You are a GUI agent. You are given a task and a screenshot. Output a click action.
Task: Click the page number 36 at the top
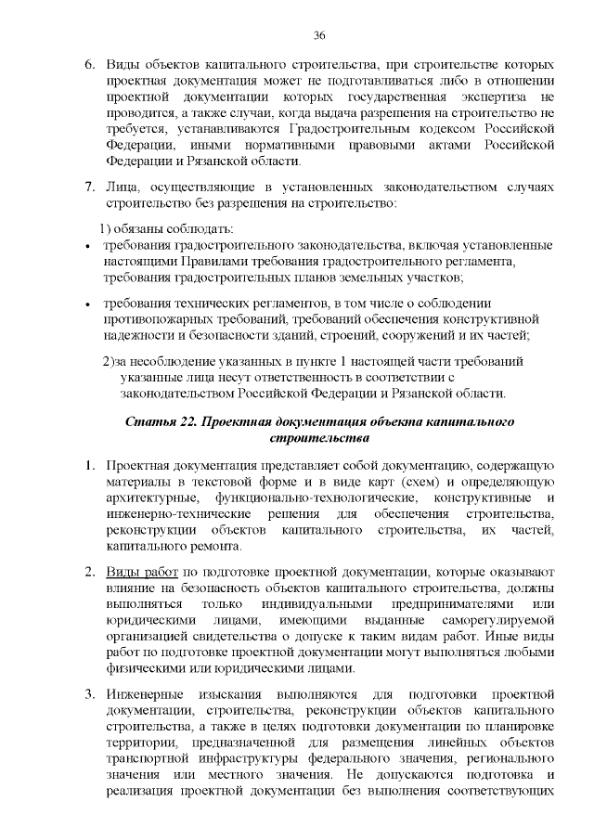318,36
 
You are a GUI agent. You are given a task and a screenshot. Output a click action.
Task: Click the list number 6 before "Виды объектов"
90,68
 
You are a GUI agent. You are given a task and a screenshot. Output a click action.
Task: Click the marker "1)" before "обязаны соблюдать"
105,228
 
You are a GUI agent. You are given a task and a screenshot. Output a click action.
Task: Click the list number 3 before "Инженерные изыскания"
90,694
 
